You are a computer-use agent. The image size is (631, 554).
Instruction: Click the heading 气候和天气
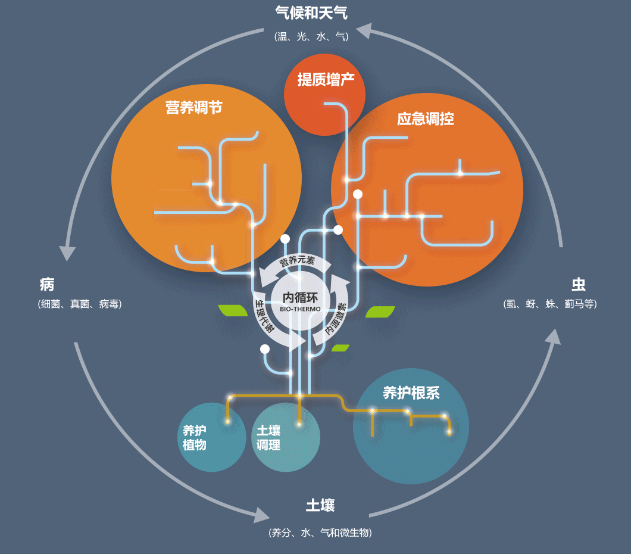[x=311, y=13]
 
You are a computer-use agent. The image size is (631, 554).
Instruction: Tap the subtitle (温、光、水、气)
[x=311, y=36]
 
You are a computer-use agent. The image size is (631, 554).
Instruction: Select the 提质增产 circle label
[x=326, y=80]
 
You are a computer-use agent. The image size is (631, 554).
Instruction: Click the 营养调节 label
[x=194, y=108]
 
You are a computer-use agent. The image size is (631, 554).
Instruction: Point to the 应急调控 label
[x=425, y=119]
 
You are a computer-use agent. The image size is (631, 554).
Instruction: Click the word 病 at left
[x=47, y=284]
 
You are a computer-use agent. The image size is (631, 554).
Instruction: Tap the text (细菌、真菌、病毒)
[x=80, y=304]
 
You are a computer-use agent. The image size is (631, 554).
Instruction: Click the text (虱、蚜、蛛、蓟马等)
[x=549, y=304]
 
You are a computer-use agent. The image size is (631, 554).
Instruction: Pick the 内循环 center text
[x=301, y=297]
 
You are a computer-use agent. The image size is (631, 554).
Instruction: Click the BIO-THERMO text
[x=301, y=309]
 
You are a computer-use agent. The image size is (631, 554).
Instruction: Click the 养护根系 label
[x=411, y=393]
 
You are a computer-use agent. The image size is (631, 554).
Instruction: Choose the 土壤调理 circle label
[x=268, y=438]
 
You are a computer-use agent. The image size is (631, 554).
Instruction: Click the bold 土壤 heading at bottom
[x=320, y=506]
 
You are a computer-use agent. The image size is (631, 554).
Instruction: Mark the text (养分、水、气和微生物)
[x=320, y=533]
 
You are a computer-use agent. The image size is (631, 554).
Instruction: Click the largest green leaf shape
[x=380, y=312]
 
